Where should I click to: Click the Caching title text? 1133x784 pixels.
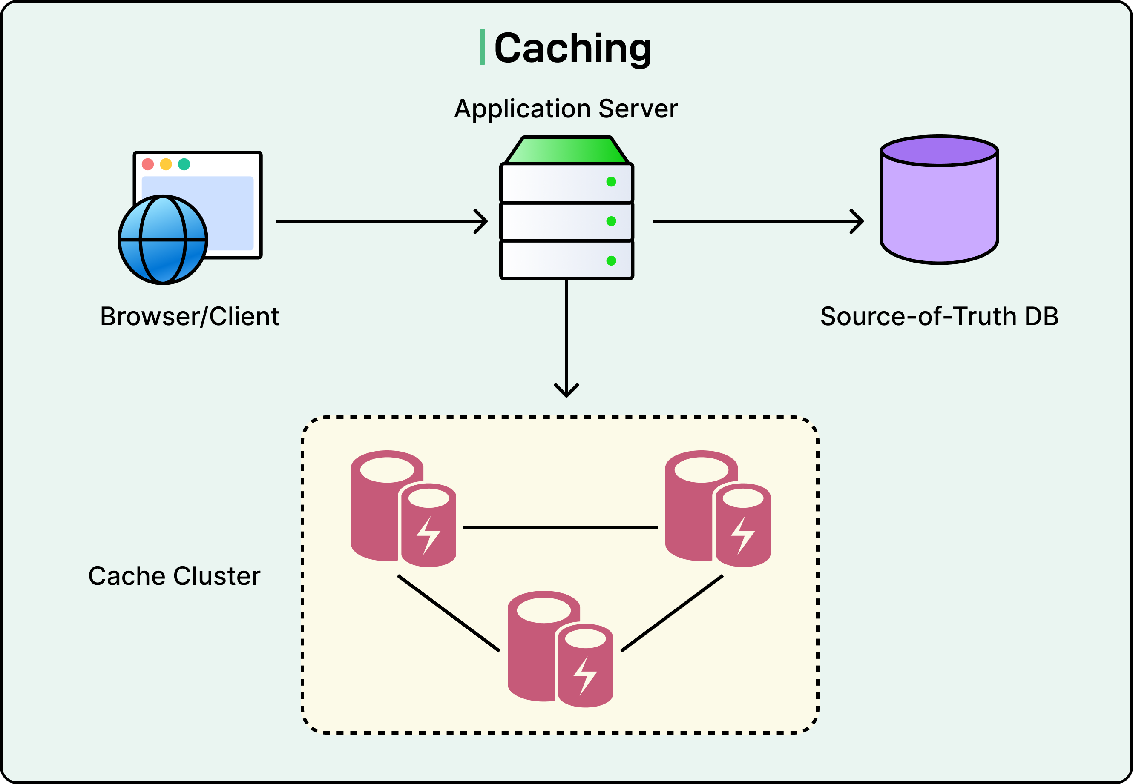(572, 48)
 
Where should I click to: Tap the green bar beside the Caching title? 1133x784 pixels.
(482, 47)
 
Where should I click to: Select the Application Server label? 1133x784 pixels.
(566, 109)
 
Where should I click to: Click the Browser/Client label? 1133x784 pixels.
(189, 316)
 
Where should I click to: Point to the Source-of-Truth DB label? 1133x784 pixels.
(939, 316)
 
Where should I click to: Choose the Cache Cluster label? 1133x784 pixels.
(174, 576)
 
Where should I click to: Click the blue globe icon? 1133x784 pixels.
(163, 240)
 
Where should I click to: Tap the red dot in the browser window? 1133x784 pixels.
(147, 164)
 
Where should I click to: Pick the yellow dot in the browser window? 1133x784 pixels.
(166, 164)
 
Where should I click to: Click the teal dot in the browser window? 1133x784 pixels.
(184, 164)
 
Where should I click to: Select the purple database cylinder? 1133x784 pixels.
(939, 206)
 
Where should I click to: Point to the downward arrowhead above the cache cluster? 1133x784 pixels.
(566, 392)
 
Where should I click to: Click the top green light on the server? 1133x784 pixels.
(611, 182)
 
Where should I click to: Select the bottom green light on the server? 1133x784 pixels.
(611, 261)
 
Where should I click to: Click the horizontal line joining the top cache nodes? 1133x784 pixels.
(561, 528)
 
